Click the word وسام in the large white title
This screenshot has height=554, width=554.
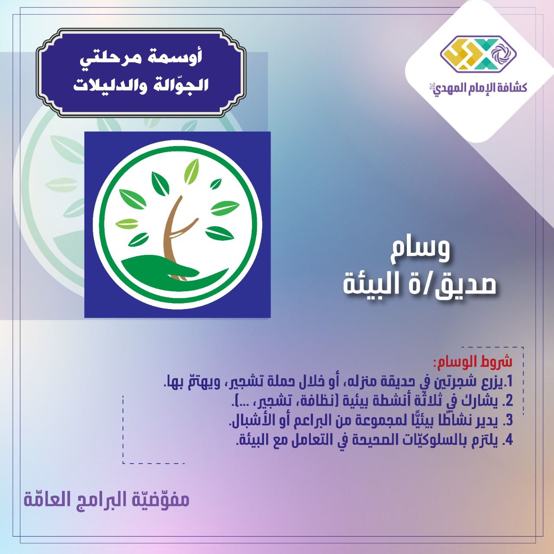coord(420,251)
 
